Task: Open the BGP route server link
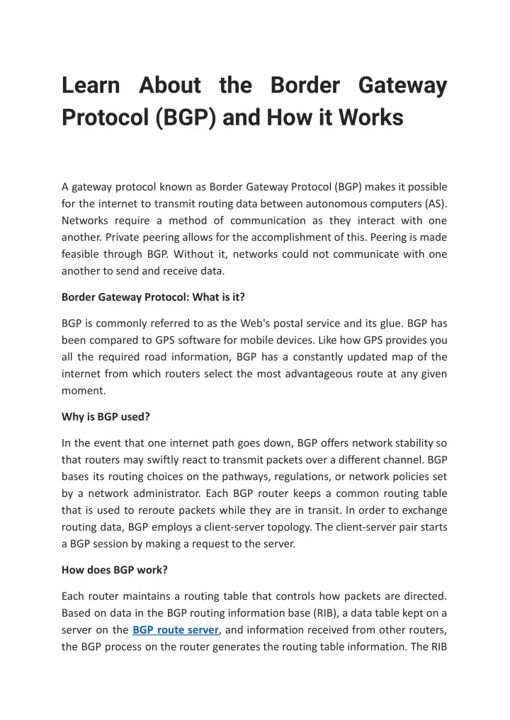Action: click(175, 629)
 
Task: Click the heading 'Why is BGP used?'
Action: click(106, 416)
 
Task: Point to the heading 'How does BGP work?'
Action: click(114, 568)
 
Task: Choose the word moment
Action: click(83, 389)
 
